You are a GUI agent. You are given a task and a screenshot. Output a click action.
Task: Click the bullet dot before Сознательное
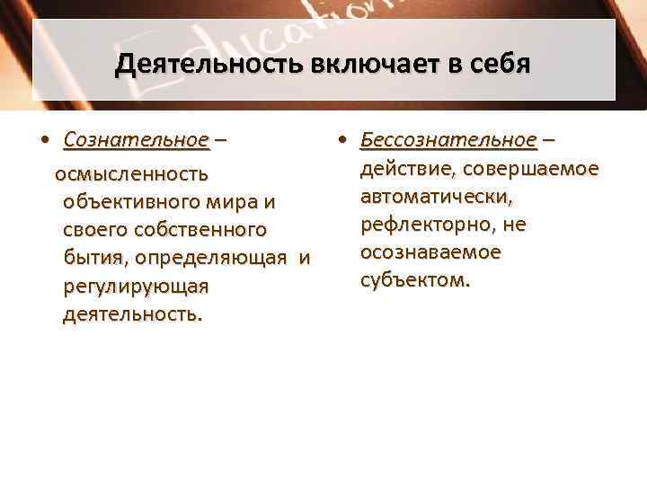(45, 141)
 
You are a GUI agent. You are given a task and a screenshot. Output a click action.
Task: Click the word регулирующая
(136, 287)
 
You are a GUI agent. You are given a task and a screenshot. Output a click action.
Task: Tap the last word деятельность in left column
(133, 315)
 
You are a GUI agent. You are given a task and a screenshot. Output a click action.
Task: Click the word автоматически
(436, 197)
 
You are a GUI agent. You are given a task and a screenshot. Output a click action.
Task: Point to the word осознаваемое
(430, 252)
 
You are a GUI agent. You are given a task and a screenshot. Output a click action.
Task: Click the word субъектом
(414, 280)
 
